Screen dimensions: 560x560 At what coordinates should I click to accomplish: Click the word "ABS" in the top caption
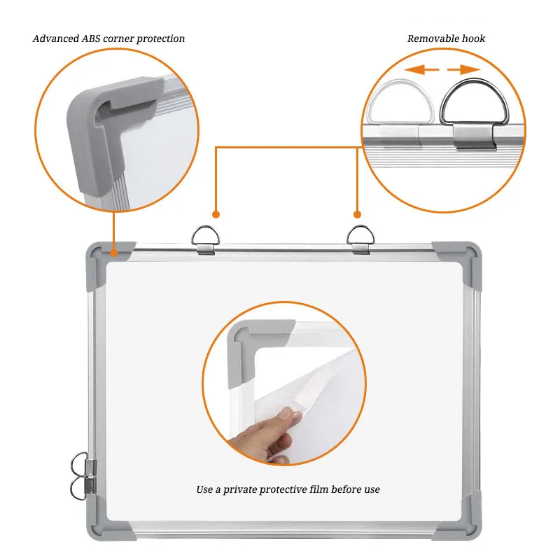(x=93, y=38)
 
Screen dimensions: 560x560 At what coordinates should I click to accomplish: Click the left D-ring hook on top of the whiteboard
(x=206, y=236)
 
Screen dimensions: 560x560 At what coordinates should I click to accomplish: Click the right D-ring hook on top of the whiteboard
(x=360, y=236)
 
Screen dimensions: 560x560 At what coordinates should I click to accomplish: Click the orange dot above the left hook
(x=216, y=214)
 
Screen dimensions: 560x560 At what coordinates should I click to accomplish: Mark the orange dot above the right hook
(x=357, y=214)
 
